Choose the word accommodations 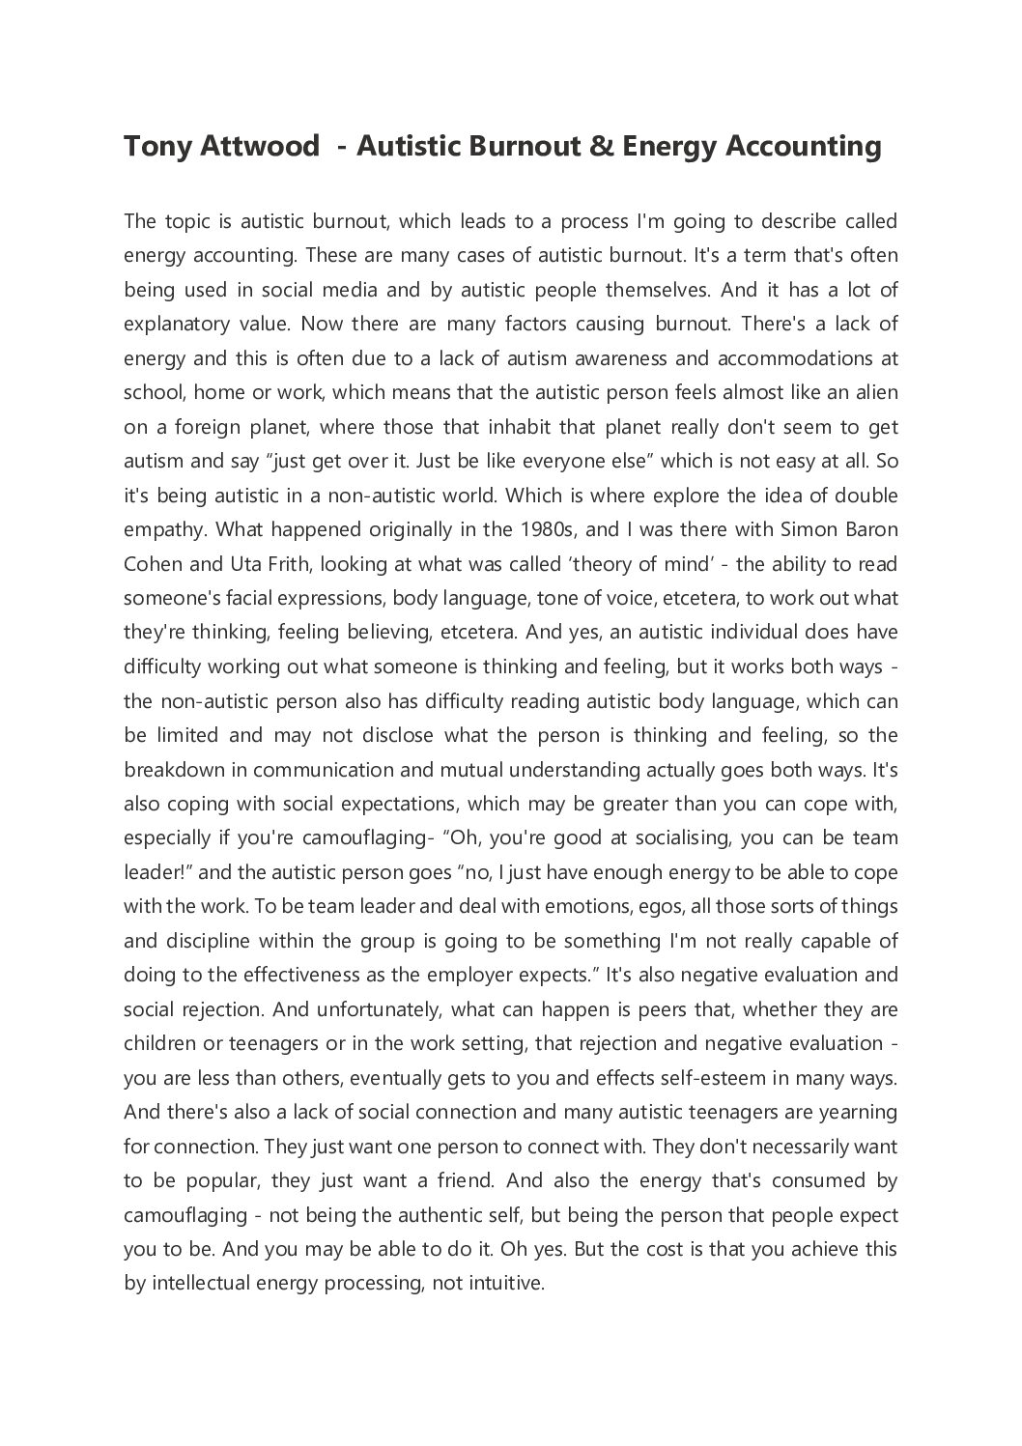785,358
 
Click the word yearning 858,1112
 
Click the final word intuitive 506,1284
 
